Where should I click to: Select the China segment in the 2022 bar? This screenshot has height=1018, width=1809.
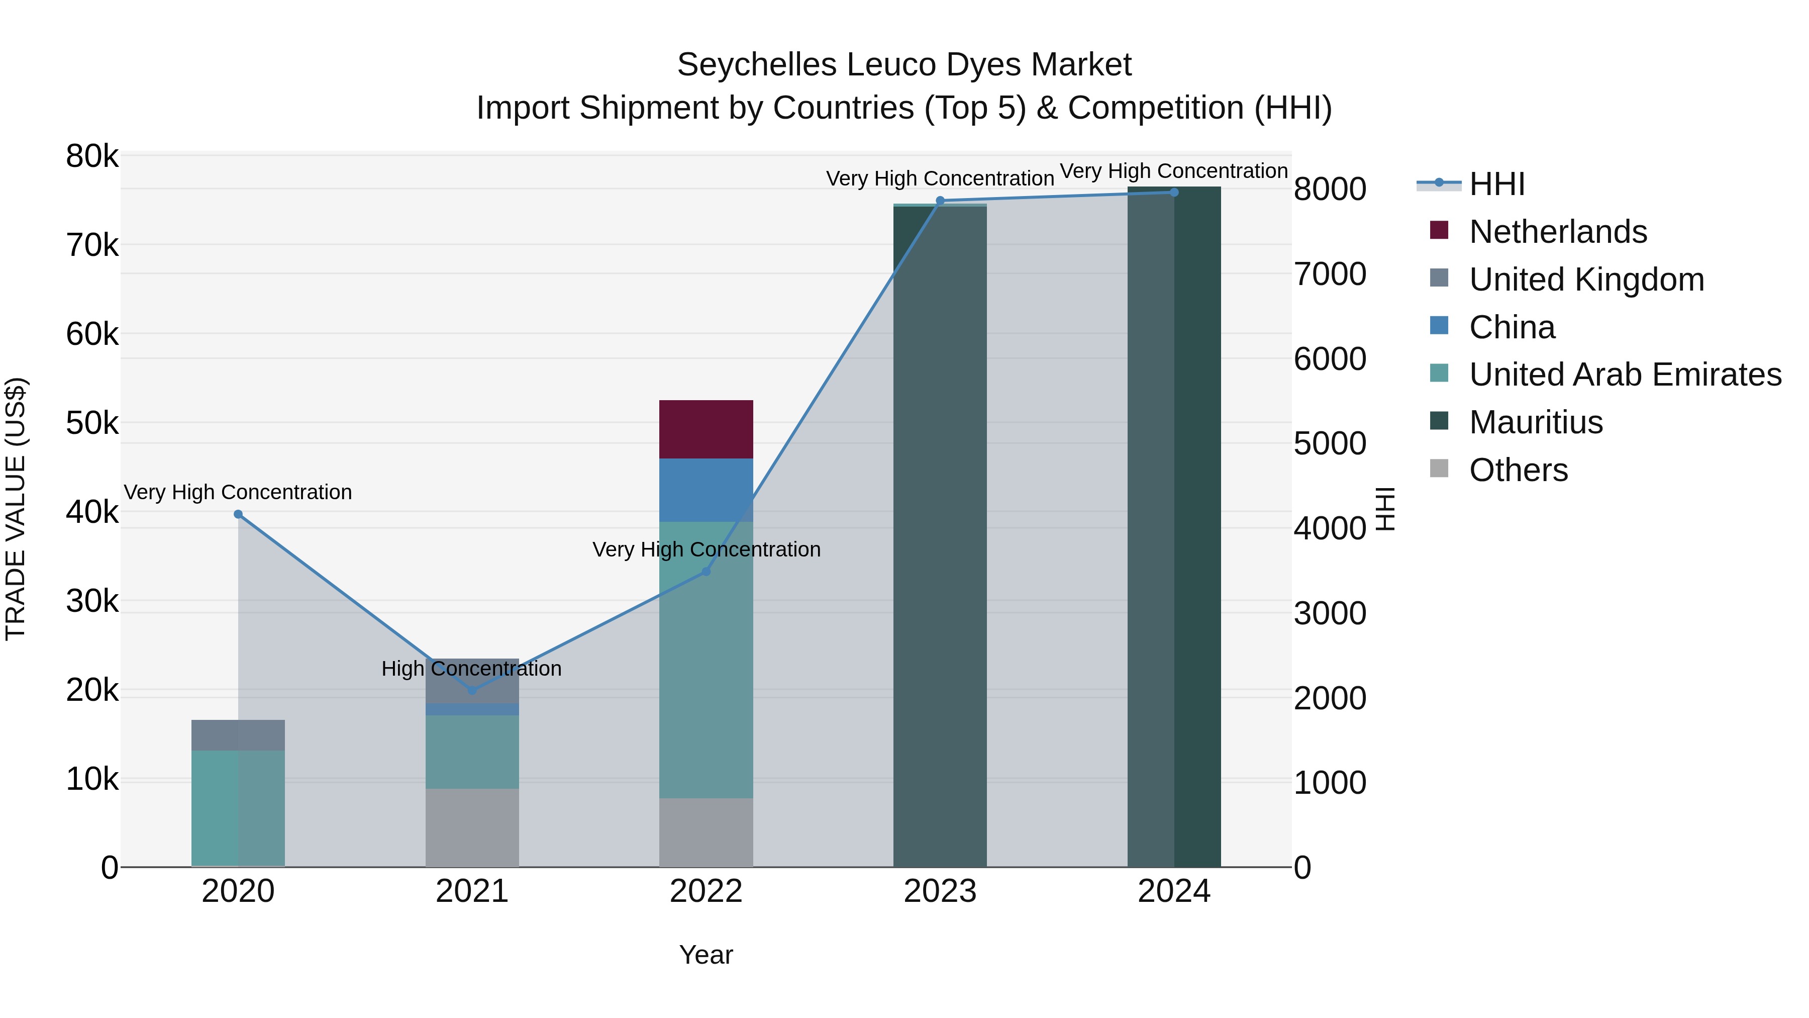tap(706, 490)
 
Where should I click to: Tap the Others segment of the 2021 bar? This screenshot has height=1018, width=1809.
tap(472, 827)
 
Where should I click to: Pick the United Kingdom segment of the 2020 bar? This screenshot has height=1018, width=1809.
tap(238, 735)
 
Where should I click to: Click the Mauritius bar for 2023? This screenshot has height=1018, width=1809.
tap(940, 534)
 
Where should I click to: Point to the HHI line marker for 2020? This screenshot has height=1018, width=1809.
tap(238, 514)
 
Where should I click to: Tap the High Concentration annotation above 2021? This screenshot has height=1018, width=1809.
tap(471, 669)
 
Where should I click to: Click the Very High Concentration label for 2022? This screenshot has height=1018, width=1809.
tap(706, 549)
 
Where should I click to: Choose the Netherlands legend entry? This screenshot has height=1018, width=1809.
tap(1558, 232)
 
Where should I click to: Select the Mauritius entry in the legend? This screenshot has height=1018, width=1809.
tap(1535, 422)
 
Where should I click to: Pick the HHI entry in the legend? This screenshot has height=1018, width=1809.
tap(1496, 184)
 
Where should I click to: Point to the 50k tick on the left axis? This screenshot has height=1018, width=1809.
tap(92, 424)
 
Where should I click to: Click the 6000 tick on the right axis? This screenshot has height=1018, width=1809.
tap(1329, 359)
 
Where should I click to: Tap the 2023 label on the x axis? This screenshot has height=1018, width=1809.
tap(940, 891)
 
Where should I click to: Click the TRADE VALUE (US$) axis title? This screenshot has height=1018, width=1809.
tap(16, 509)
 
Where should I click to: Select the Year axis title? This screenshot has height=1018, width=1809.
tap(706, 955)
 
